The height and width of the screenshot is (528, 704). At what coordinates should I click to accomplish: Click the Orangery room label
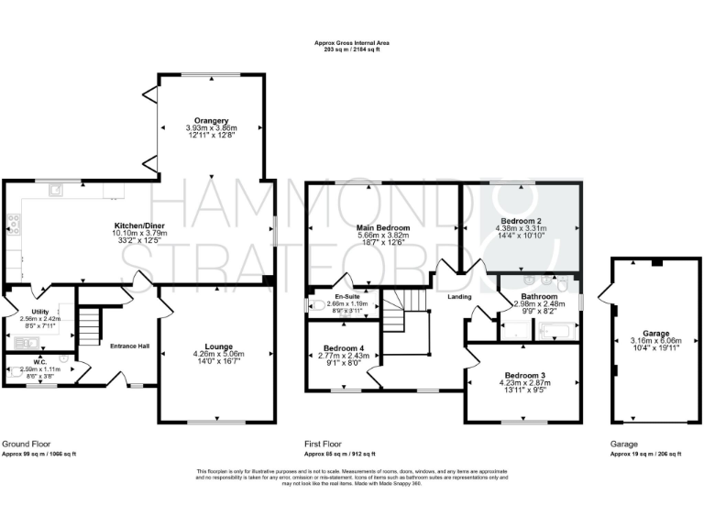coord(212,120)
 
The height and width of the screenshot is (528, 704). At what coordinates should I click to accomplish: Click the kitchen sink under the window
coord(57,190)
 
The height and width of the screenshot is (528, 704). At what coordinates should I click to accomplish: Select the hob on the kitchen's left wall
coord(13,221)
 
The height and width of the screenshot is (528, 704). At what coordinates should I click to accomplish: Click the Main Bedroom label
coord(382,226)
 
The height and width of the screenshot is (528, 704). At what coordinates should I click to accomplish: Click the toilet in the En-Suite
coord(316,304)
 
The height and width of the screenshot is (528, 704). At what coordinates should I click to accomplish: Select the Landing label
coord(460,296)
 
